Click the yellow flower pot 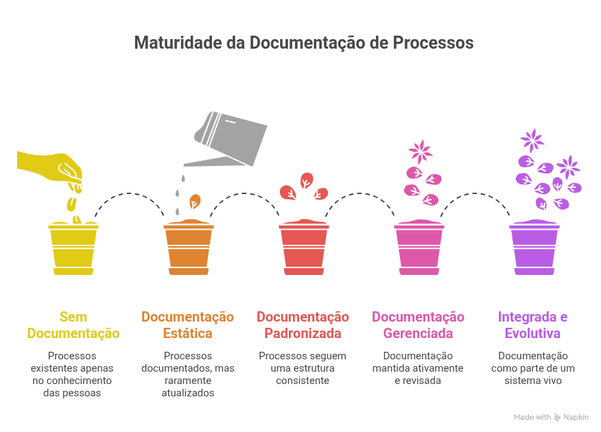(73, 248)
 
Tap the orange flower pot (189, 248)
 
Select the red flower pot (304, 248)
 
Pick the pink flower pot (419, 248)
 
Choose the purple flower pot (534, 248)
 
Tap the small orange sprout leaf (195, 202)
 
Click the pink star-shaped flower (420, 152)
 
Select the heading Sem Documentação (73, 326)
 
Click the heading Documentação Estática (187, 326)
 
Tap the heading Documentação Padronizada (303, 326)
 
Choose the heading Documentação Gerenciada (418, 326)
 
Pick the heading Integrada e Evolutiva (533, 326)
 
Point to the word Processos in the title (433, 43)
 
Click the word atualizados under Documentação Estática (188, 393)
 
